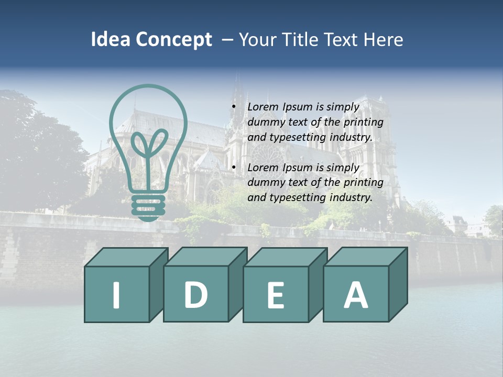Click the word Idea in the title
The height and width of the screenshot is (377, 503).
(110, 40)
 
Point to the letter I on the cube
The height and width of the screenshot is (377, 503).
(116, 295)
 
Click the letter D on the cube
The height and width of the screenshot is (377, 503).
(195, 294)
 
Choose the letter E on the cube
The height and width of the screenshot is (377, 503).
(275, 295)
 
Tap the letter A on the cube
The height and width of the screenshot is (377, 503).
(355, 295)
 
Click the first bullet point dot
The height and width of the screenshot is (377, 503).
(234, 107)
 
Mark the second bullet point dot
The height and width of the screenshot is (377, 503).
(234, 168)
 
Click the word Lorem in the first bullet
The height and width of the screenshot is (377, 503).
(264, 107)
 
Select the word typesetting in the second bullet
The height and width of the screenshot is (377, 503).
(297, 198)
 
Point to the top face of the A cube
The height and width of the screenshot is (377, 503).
(366, 257)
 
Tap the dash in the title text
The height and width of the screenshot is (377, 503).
(227, 40)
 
